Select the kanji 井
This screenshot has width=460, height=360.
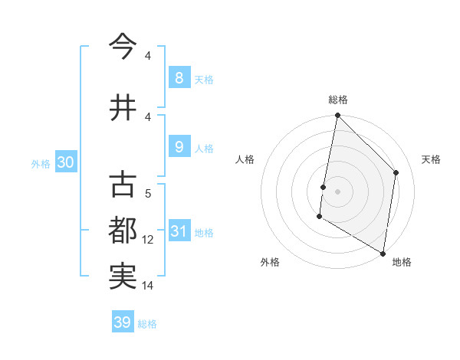point(123,108)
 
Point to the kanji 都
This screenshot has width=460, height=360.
point(123,231)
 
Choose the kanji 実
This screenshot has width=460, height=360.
point(123,277)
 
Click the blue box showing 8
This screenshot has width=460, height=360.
point(179,77)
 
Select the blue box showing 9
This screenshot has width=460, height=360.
point(179,147)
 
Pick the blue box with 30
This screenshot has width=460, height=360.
point(65,162)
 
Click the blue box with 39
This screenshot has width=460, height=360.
point(122,322)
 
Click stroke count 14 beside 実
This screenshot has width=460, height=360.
point(148,286)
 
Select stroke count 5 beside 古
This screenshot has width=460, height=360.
point(148,194)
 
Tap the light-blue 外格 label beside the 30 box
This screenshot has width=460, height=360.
point(41,163)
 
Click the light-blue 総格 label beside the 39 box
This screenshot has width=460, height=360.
point(147,324)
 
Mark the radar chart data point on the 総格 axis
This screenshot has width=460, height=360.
point(337,116)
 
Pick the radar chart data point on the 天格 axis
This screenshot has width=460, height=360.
point(396,172)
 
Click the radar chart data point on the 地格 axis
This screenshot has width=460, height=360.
point(383,254)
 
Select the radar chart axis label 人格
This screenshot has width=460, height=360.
point(245,159)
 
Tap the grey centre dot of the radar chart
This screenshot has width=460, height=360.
point(337,191)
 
